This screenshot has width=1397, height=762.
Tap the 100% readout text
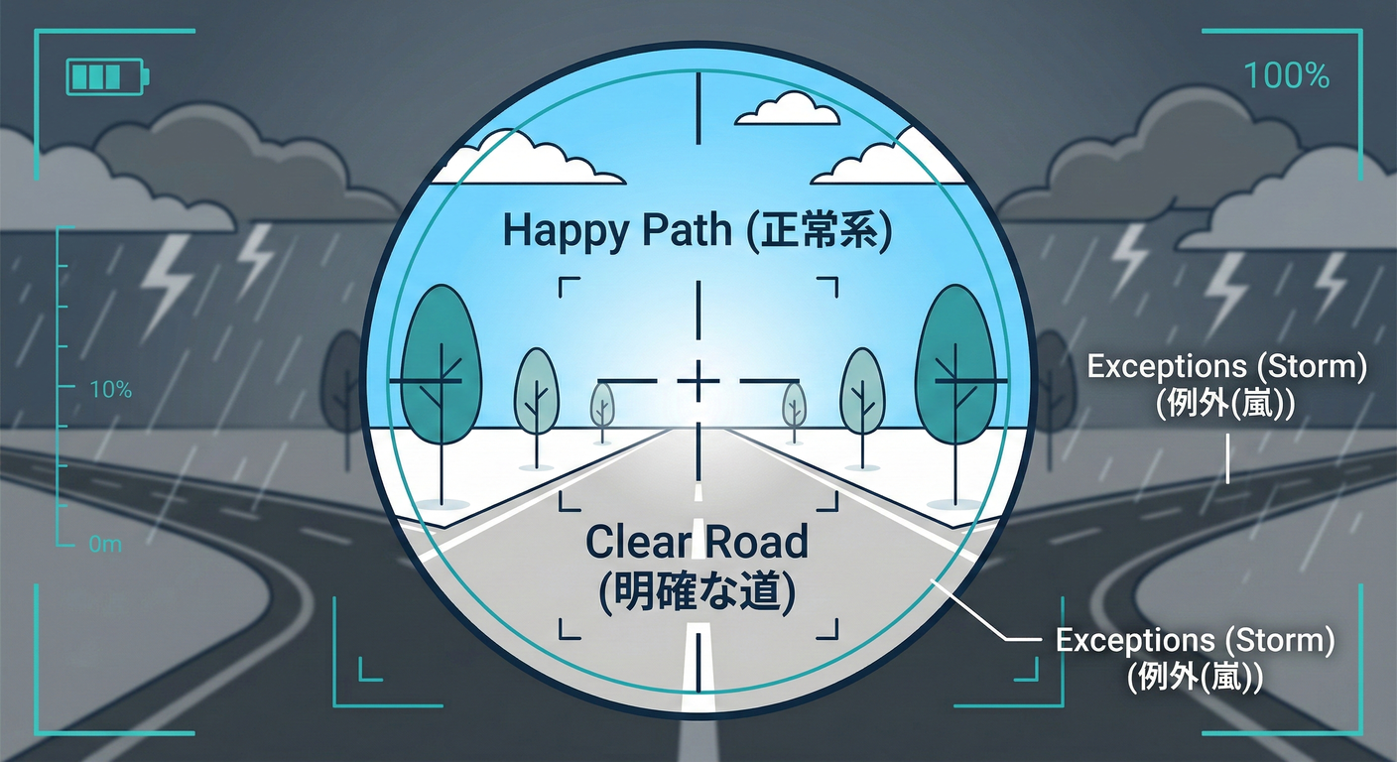point(1287,75)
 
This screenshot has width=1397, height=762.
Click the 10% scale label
point(111,390)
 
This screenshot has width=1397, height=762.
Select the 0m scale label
point(105,545)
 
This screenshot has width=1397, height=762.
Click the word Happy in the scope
point(565,231)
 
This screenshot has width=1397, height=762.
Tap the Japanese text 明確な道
point(697,591)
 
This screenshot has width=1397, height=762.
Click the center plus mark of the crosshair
point(698,380)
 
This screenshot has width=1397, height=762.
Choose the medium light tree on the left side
point(537,407)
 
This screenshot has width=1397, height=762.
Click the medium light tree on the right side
point(862,407)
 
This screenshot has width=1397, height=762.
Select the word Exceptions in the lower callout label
point(1136,640)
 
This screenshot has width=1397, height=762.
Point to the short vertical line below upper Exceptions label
point(1228,459)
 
